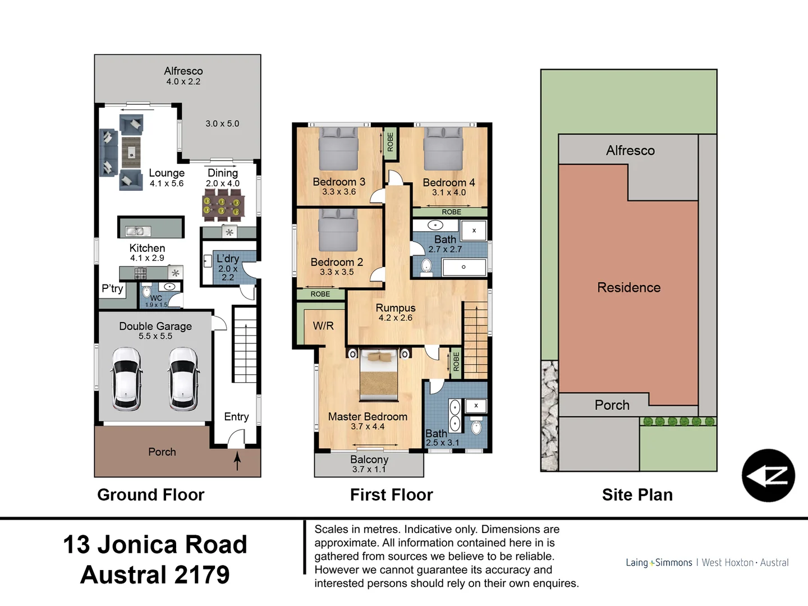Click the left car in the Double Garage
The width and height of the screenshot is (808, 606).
127,379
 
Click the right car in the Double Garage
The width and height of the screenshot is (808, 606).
183,379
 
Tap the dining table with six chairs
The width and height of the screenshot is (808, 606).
223,204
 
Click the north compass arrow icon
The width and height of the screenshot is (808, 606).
768,475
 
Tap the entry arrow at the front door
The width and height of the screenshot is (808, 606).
237,461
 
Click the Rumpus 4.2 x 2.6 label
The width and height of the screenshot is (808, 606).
396,313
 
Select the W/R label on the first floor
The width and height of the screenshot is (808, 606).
323,326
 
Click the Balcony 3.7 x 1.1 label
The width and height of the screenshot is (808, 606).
369,464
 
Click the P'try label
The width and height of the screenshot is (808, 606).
112,288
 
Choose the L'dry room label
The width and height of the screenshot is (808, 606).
228,259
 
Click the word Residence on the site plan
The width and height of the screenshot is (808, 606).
628,287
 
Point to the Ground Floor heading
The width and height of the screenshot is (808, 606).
150,494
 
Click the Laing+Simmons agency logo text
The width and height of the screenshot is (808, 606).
659,562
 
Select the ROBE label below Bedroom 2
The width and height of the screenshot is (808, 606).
320,294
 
